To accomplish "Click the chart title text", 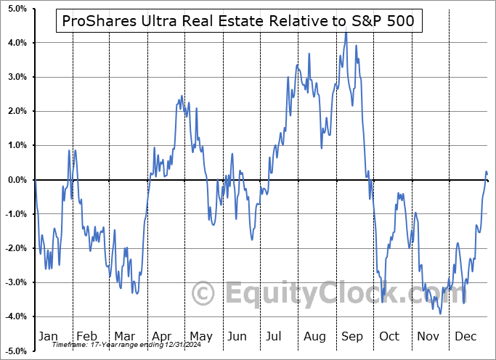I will (x=239, y=21).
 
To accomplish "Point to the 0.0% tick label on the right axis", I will (x=479, y=180).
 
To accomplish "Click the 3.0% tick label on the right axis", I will (x=479, y=77).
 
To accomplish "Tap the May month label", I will (x=201, y=336).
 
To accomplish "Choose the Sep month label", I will (x=351, y=336).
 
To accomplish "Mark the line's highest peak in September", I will (x=346, y=33).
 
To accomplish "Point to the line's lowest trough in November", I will (x=440, y=313).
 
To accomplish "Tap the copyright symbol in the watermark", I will (x=203, y=293).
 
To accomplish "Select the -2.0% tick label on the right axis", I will (x=479, y=248).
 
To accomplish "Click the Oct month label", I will (x=390, y=336).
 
